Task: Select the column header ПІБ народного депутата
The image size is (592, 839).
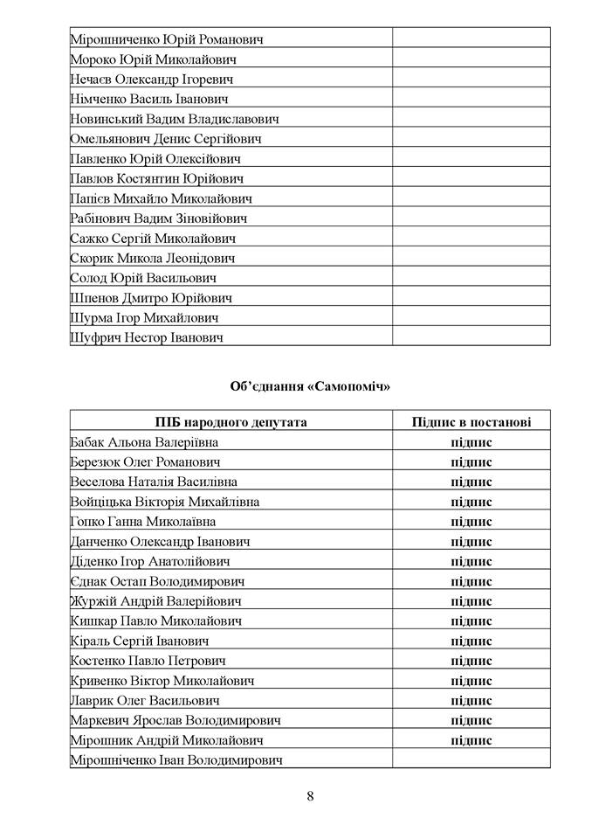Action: [x=231, y=422]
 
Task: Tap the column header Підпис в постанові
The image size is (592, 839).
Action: [x=472, y=422]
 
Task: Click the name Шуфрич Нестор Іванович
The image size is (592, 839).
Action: [x=147, y=337]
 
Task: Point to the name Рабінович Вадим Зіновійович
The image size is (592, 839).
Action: [x=159, y=218]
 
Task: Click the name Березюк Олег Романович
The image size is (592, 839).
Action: [x=145, y=461]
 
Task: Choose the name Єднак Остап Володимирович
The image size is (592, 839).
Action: [x=157, y=581]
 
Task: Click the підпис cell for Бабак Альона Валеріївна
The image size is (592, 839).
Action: [x=472, y=442]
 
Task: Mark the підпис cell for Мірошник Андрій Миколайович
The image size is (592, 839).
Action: [x=472, y=740]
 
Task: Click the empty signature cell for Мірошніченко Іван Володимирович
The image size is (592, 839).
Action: [x=472, y=760]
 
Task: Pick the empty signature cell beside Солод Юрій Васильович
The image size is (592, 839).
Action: [x=472, y=278]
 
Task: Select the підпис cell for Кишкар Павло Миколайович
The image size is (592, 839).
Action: [x=472, y=621]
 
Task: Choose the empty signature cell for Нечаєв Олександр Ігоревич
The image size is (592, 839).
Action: [x=472, y=80]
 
